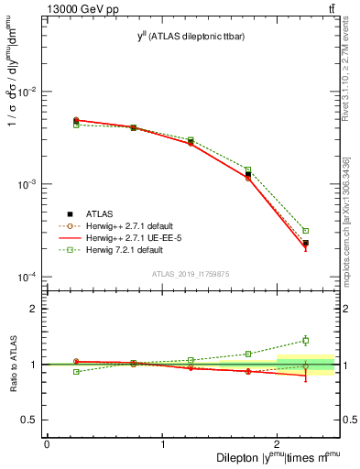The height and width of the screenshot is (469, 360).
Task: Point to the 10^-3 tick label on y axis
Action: coord(27,184)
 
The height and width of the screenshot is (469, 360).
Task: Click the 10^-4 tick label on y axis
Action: coord(27,277)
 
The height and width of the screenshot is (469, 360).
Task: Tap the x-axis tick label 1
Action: coord(162,444)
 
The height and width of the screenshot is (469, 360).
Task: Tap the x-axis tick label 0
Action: coord(47,444)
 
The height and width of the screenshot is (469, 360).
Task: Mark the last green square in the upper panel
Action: coord(306,231)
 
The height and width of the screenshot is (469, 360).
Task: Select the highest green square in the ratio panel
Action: coord(306,341)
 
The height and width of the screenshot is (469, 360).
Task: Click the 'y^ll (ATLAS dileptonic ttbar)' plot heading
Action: coord(191,36)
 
